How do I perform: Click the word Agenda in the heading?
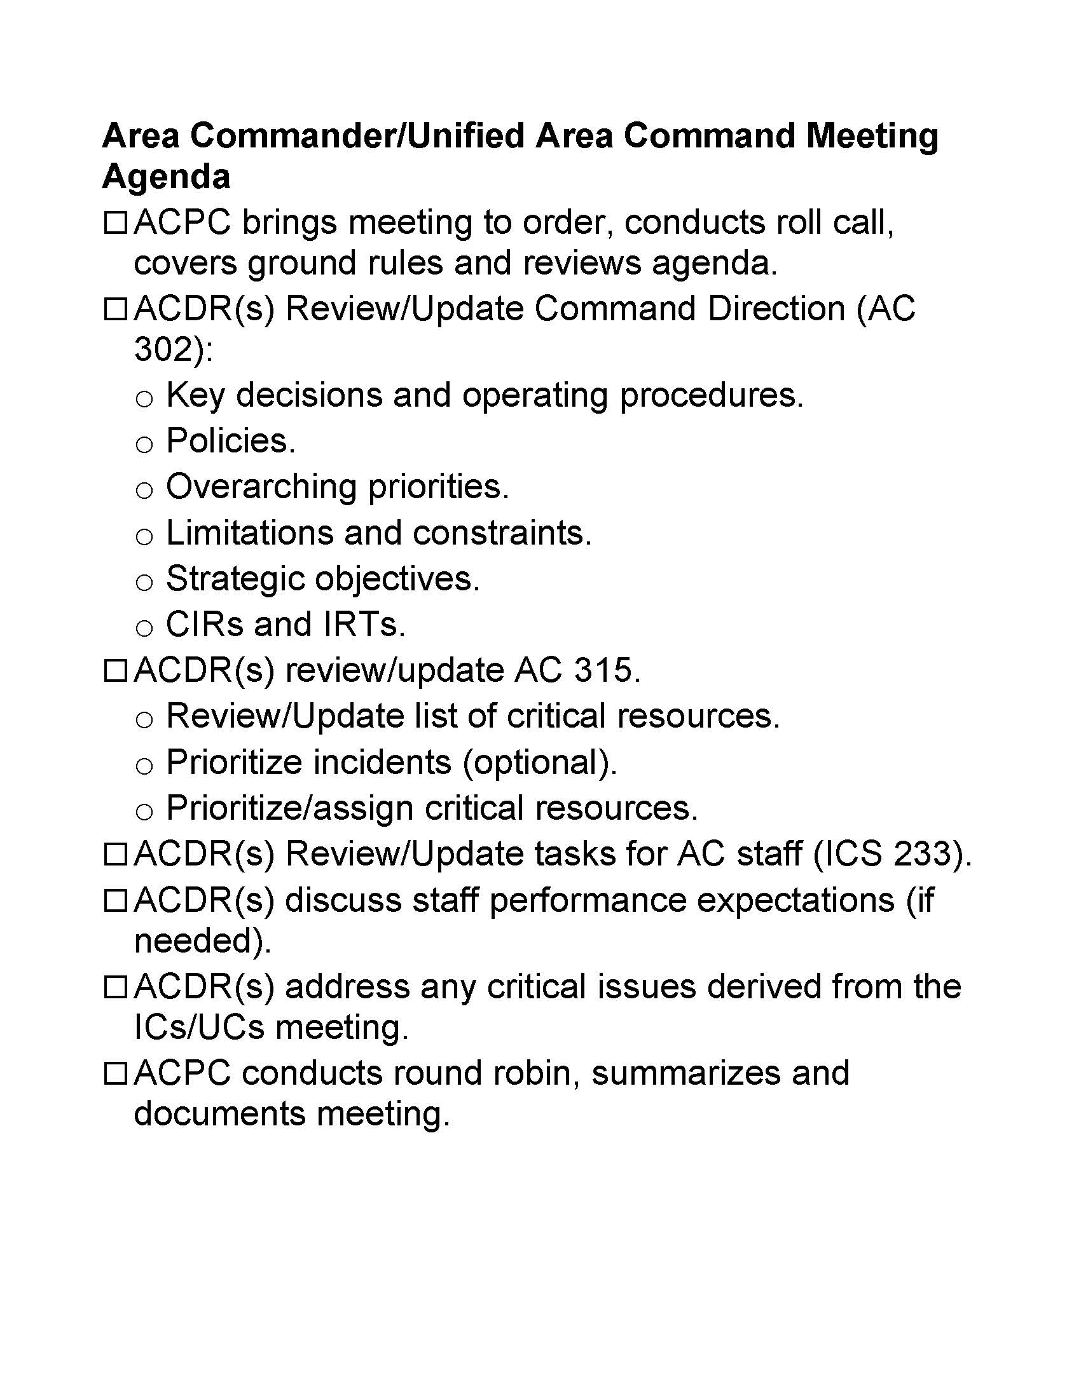click(x=166, y=176)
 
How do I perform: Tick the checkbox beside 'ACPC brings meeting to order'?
click(x=115, y=224)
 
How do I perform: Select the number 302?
click(x=164, y=349)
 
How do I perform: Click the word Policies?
click(x=231, y=441)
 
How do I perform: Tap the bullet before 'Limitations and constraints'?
click(x=144, y=536)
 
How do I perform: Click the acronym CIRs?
click(x=203, y=624)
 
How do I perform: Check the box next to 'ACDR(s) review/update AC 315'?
click(x=115, y=672)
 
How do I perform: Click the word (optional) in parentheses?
click(x=540, y=763)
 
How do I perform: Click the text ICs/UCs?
click(x=198, y=1028)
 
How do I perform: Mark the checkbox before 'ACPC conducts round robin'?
click(x=115, y=1074)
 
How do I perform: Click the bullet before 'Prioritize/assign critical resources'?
click(x=144, y=811)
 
